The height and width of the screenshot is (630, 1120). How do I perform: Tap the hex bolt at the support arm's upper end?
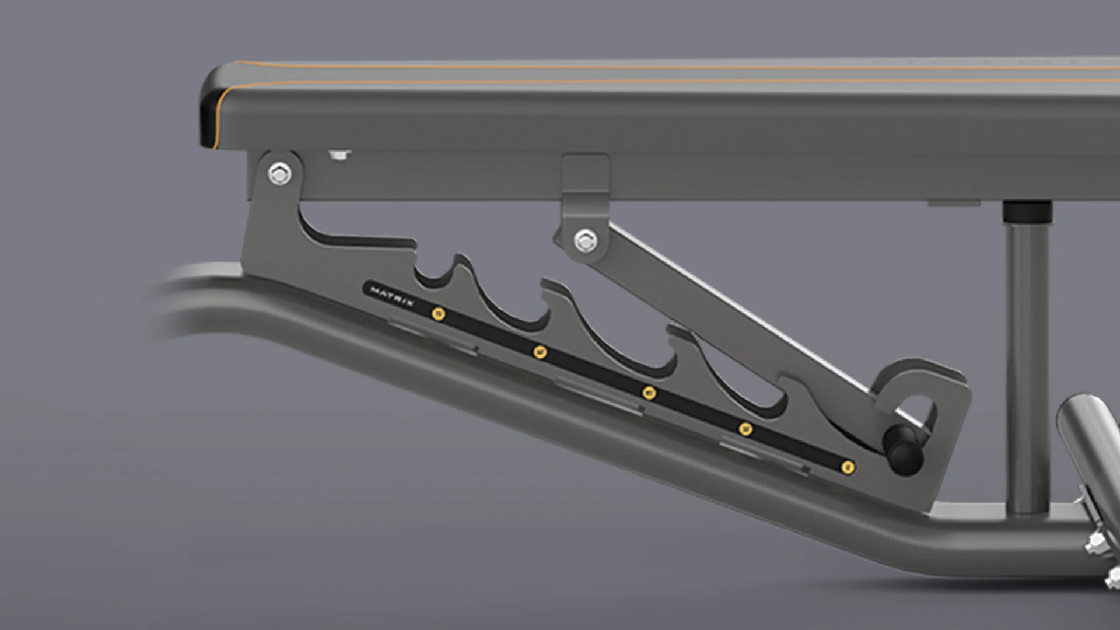coord(586,240)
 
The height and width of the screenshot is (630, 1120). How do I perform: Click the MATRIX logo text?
coord(392,296)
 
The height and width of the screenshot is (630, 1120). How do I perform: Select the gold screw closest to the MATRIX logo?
coord(438,314)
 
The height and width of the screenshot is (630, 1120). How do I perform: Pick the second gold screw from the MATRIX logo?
coord(540,352)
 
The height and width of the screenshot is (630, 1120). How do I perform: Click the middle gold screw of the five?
coord(649,392)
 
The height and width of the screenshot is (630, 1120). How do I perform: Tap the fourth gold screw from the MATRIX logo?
coord(745,429)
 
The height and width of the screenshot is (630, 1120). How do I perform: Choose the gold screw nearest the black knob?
coord(849,467)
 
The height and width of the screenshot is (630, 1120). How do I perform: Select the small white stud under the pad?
coord(339,155)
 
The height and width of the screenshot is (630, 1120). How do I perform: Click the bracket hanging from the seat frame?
coord(585,181)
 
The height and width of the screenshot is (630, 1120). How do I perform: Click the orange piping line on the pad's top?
coord(642,67)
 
